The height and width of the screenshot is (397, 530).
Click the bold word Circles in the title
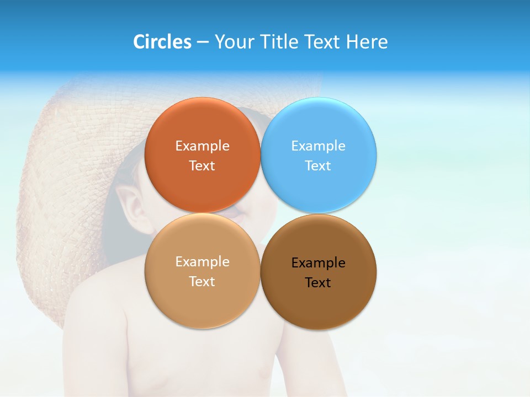point(162,42)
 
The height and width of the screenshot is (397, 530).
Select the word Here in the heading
point(367,42)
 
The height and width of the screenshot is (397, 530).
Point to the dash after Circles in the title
point(203,42)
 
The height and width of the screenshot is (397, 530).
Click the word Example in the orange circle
point(202,146)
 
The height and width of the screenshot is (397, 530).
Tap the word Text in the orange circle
point(202,165)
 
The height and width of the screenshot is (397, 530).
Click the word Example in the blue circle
point(319,146)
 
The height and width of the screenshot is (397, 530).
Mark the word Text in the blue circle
point(319,165)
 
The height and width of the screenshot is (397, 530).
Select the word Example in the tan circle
point(202,262)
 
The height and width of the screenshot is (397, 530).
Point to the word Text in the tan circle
point(202,281)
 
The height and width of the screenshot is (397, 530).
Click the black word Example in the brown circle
point(319,263)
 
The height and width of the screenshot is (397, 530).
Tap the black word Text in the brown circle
point(319,282)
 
